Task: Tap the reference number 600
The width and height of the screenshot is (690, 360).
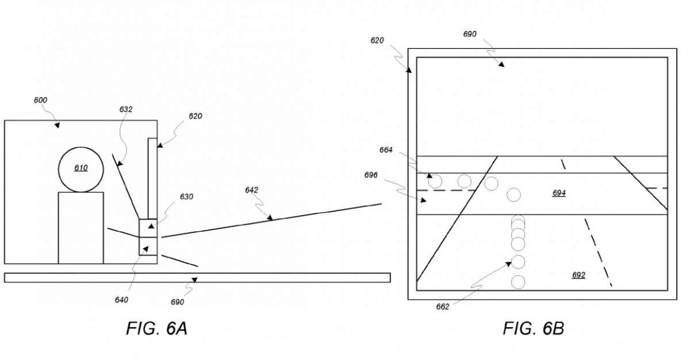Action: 40,100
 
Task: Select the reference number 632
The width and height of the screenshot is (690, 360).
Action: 126,109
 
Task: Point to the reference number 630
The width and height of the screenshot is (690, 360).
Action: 187,197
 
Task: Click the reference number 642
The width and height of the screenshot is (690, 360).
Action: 252,190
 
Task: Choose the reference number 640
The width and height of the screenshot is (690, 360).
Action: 121,300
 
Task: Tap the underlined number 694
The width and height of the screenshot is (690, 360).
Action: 559,193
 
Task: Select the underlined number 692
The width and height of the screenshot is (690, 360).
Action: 579,275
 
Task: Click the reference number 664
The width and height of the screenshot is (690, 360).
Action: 386,150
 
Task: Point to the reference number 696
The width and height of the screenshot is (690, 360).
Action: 371,175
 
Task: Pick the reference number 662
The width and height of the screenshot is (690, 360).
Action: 443,307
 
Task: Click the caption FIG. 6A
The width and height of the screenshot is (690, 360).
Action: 157,328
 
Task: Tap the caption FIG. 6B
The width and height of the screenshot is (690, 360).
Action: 534,328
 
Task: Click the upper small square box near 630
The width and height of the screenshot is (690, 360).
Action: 148,228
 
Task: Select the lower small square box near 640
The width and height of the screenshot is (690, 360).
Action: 148,246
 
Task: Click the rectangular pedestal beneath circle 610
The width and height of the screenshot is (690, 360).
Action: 81,228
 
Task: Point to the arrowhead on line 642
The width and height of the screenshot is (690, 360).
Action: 270,218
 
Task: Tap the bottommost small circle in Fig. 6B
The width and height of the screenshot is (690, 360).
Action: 518,282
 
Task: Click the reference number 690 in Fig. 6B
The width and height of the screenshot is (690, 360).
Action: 470,34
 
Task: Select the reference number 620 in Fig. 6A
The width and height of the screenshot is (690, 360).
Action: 195,116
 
